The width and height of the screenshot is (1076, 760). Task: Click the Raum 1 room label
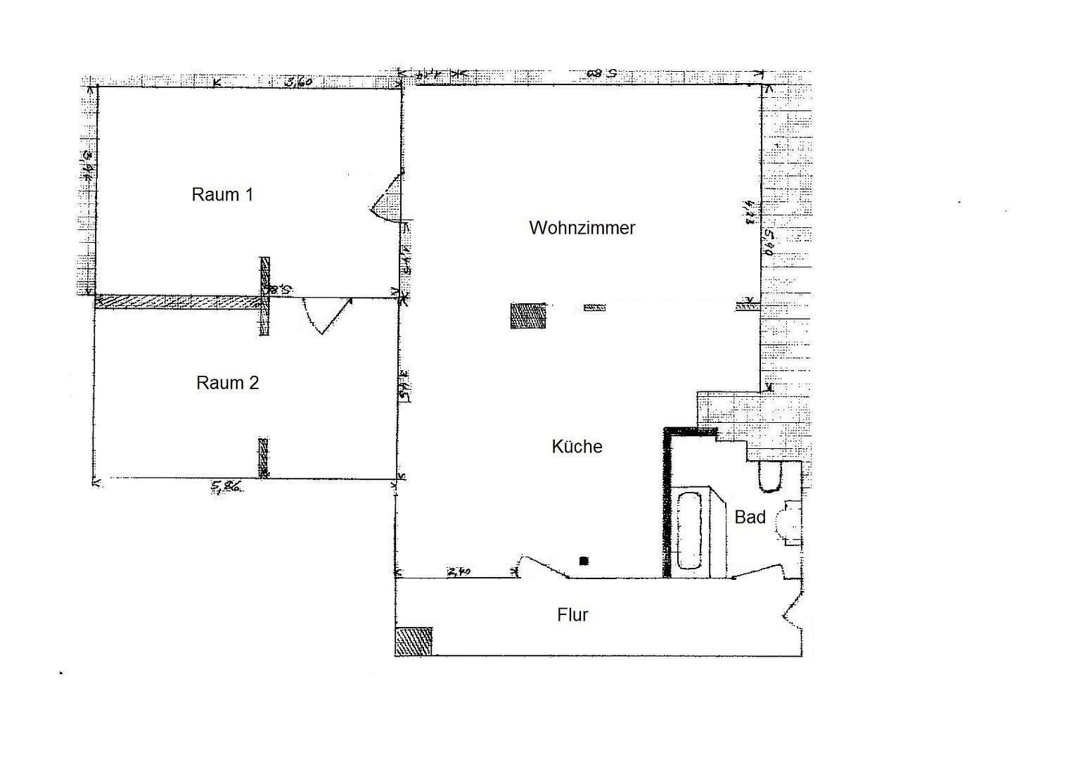222,194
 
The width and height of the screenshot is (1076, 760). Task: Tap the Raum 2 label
227,383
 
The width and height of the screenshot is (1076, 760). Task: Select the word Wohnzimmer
582,228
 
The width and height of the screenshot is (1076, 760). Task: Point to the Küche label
577,447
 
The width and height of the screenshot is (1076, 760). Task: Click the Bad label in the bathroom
749,517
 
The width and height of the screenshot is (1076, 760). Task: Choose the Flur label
572,615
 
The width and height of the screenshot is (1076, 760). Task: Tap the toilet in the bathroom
770,476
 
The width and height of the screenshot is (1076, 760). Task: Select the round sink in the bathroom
787,521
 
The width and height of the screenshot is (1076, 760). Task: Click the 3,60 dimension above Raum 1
297,82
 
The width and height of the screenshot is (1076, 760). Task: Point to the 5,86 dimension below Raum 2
227,486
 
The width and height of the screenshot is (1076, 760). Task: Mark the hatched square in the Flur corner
414,641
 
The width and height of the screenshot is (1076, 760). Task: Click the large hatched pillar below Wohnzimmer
527,316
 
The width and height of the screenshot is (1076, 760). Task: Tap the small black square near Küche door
583,561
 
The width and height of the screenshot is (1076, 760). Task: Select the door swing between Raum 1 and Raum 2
325,315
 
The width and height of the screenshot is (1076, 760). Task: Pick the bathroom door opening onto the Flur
757,571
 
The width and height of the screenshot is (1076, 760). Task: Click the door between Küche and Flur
544,566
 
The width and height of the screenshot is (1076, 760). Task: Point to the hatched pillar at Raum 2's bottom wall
263,457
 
